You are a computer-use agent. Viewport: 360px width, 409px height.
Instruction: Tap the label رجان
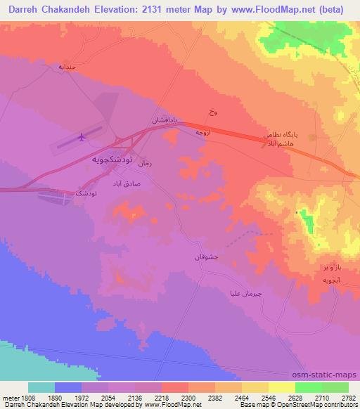coord(146,164)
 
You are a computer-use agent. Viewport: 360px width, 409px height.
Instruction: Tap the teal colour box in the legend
coord(41,388)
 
